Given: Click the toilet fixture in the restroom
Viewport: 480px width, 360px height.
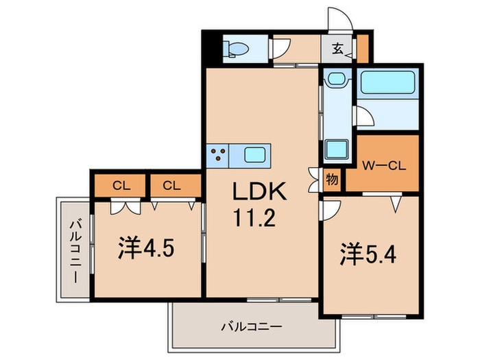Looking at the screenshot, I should tap(237, 49).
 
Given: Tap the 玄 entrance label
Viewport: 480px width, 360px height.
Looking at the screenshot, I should tap(339, 48).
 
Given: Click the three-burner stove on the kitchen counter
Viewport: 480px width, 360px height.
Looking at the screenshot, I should tap(219, 154).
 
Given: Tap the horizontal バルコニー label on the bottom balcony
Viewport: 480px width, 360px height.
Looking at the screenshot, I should tap(251, 327).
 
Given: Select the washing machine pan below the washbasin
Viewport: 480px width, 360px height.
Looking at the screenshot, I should tap(336, 147).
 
